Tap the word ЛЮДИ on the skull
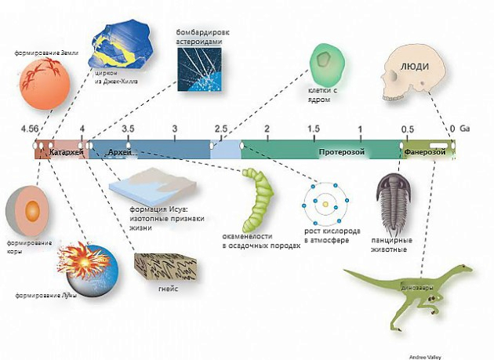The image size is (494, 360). (416, 66)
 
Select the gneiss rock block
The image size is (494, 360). (161, 267)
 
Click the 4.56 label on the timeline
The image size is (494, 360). (30, 128)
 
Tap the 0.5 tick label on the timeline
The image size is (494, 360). (408, 128)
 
